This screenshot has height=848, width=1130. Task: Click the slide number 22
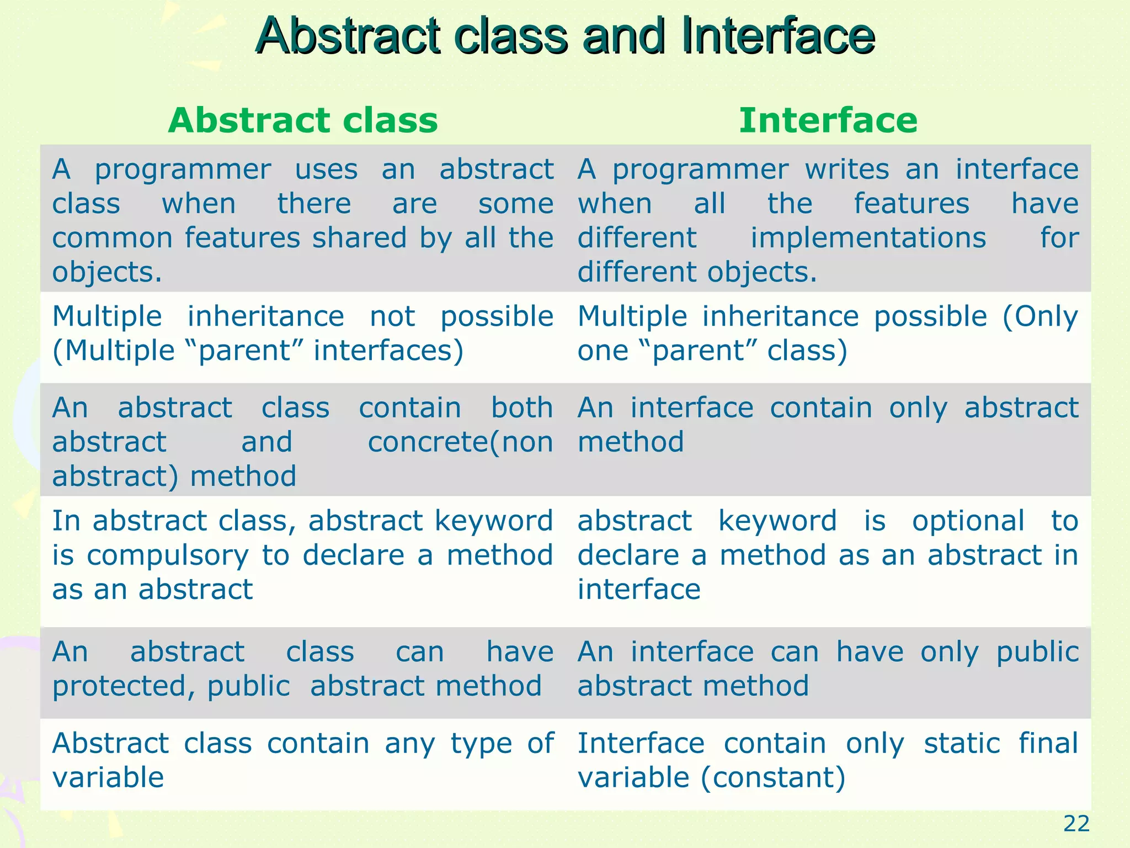(1076, 824)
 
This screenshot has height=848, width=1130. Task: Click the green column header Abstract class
(303, 120)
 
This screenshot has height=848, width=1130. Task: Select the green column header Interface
(828, 120)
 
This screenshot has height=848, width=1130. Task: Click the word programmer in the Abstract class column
(183, 170)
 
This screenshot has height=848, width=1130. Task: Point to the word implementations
(868, 239)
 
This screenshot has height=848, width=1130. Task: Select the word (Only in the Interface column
(1040, 317)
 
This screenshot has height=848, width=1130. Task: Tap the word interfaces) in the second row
(388, 351)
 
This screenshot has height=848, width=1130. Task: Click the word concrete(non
(460, 442)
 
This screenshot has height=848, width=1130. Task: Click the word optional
(968, 521)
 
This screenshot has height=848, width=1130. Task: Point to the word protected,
(124, 687)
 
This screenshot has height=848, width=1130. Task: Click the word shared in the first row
(359, 239)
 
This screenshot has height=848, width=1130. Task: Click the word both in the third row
(522, 408)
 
